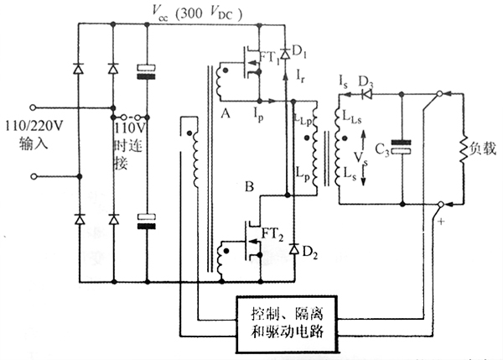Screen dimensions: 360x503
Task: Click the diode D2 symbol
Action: (x=293, y=249)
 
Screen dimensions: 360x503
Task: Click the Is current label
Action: (x=344, y=82)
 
